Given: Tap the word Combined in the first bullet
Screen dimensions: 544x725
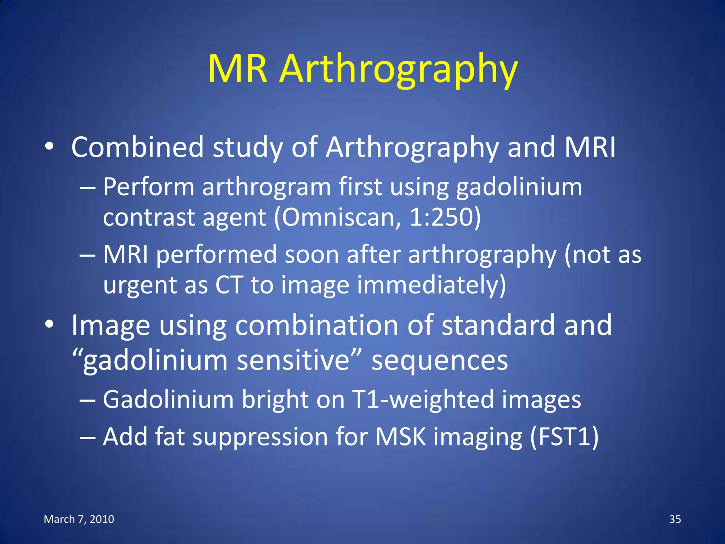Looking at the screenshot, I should click(137, 147).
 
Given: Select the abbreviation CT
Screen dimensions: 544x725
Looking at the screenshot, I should click(229, 284).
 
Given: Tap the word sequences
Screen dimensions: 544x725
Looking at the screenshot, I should click(440, 361).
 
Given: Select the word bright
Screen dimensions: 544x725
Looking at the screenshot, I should click(275, 400).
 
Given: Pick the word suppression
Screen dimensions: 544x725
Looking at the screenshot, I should click(260, 437).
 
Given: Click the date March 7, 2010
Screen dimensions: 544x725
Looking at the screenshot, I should click(79, 519).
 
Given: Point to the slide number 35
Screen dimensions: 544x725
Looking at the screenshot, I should click(675, 519).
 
